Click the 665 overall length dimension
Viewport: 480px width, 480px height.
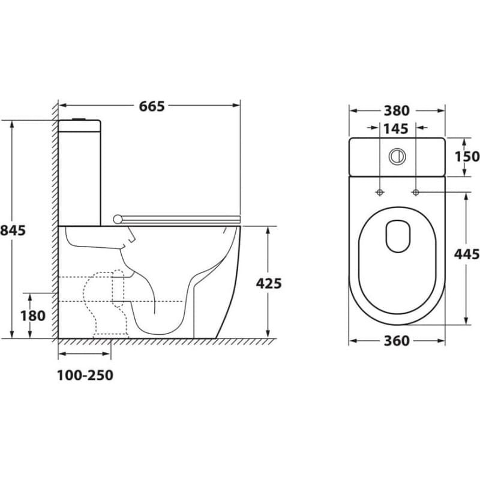tap(152, 106)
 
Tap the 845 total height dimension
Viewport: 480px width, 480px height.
tap(13, 230)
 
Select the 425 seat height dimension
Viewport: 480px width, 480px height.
tap(268, 283)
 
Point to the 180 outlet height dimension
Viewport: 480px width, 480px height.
tap(33, 316)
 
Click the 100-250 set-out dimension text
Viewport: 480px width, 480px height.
tap(85, 376)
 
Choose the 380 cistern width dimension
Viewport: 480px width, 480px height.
tap(397, 111)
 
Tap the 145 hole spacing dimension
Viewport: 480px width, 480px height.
tap(396, 129)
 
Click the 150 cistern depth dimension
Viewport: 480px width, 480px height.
tap(467, 157)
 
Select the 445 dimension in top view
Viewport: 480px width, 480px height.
tap(467, 254)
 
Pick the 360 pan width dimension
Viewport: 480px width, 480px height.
tap(397, 341)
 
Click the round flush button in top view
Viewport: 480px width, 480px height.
tap(397, 157)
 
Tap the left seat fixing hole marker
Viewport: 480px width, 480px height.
tap(380, 193)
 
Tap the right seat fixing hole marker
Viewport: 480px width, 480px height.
tap(415, 193)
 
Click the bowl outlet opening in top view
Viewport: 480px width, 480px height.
tap(398, 236)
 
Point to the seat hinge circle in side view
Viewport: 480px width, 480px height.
tap(117, 219)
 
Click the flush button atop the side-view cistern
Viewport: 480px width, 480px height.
tap(80, 119)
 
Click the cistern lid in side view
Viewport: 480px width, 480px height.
tap(80, 126)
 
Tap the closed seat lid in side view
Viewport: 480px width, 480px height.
tap(181, 219)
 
